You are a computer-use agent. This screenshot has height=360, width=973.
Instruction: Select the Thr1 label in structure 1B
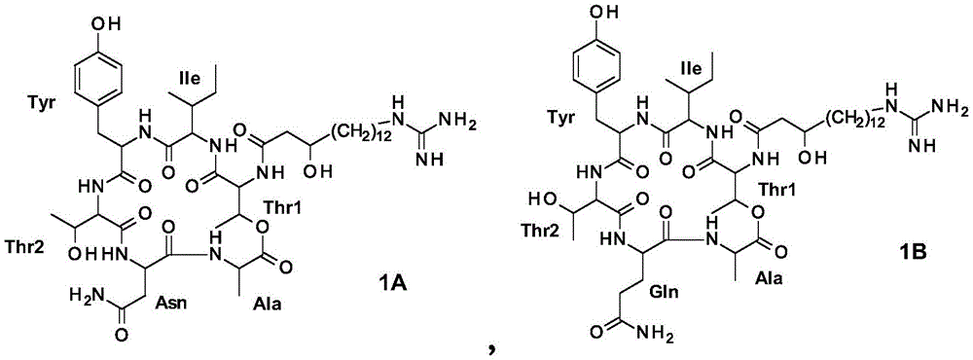tap(804, 191)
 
